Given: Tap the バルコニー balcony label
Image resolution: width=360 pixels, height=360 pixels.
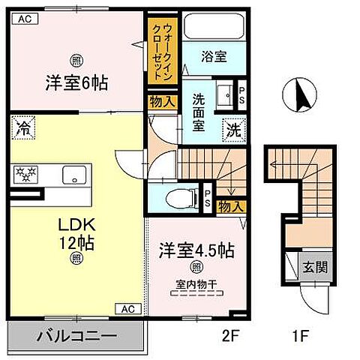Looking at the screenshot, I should pos(75,335).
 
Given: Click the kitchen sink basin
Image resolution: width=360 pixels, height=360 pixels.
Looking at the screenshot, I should pos(74,176).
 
